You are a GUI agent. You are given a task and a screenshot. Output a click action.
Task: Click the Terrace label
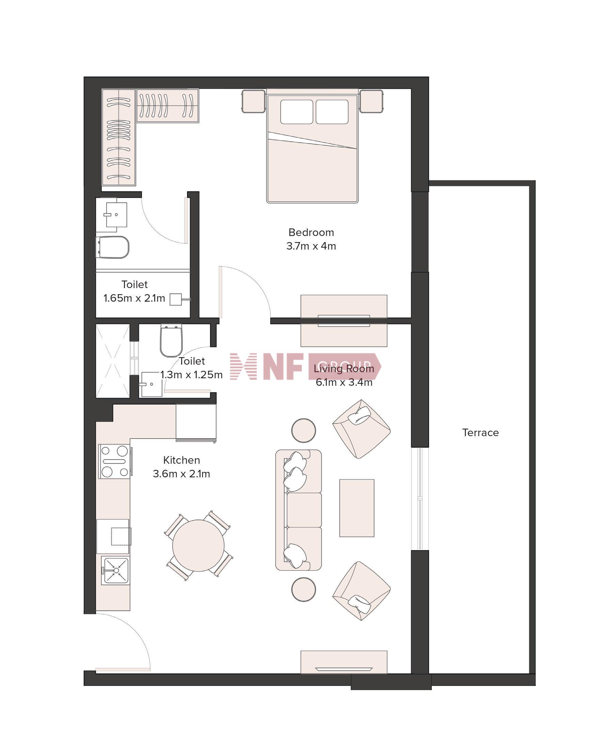481,433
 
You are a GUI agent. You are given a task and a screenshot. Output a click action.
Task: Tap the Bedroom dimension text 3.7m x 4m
311,246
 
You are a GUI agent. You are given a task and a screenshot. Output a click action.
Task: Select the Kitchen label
182,460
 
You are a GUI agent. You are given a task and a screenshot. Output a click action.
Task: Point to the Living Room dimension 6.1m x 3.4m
344,382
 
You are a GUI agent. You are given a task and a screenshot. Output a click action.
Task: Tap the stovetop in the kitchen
114,461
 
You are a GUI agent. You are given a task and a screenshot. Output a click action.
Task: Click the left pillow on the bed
296,112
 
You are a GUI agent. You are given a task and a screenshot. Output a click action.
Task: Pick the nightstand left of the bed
253,101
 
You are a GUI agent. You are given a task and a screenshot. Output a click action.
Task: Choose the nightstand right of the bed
371,101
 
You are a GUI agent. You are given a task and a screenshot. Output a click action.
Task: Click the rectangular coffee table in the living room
357,508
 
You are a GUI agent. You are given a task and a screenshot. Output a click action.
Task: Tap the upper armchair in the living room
361,429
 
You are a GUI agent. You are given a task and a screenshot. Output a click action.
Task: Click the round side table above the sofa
303,431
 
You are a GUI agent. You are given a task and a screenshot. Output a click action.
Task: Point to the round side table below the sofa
303,589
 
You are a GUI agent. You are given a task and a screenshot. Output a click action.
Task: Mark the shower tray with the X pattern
113,361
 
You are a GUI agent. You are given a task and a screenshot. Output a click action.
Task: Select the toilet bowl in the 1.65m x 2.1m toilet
112,247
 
